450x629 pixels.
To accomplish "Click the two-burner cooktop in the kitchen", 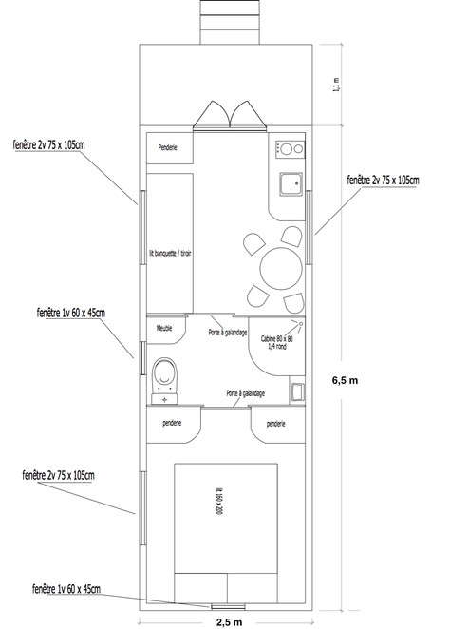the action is coord(291,149).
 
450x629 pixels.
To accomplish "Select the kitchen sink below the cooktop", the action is coord(291,184).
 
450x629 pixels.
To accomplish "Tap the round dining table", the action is coord(281,268).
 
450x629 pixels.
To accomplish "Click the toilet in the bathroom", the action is coord(164,380).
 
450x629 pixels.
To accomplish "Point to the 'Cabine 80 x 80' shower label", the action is coord(277,338).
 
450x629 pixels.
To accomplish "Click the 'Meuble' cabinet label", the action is coord(164,328).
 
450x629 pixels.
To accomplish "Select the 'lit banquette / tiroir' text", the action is coord(170,254).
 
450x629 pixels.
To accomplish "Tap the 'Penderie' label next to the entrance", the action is coord(167,147).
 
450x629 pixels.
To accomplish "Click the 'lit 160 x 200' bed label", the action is coord(218,501).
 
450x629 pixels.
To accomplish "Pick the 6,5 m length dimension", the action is coord(345,380).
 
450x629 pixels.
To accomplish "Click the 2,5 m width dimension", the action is coord(229,622).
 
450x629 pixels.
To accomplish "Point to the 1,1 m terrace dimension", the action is coord(336,86).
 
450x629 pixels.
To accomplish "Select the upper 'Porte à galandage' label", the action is coord(228,333).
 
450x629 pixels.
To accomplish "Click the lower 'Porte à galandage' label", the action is coord(246,393).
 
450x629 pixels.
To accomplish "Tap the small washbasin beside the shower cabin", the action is coord(297,391).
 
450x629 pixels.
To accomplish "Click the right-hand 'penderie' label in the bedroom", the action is coord(275,424).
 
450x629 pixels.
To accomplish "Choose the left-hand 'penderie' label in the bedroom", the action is coord(172,423).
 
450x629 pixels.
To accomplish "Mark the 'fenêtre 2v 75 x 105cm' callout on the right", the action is coord(384,181).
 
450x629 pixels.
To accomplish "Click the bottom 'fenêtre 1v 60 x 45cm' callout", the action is coord(66,589).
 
